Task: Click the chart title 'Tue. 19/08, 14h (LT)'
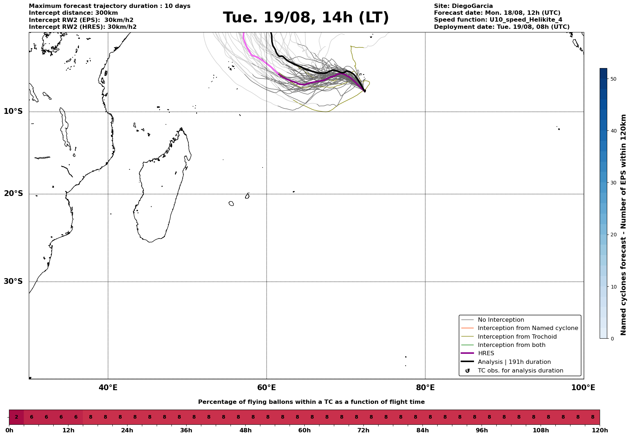click(306, 18)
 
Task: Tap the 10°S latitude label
click(13, 111)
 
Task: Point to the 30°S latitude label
click(13, 281)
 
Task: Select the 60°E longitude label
click(267, 388)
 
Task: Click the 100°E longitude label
click(583, 388)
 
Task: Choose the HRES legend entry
click(486, 353)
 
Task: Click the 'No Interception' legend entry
click(501, 320)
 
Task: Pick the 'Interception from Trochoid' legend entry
click(517, 337)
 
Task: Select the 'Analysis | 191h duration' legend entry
click(514, 362)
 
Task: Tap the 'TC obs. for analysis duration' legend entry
click(520, 371)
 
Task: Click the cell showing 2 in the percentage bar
click(17, 417)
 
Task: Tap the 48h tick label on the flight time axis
click(246, 431)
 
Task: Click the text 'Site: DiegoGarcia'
click(463, 6)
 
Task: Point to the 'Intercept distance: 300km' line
click(73, 13)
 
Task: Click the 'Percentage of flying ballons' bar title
click(311, 402)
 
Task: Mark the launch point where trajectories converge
click(364, 91)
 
